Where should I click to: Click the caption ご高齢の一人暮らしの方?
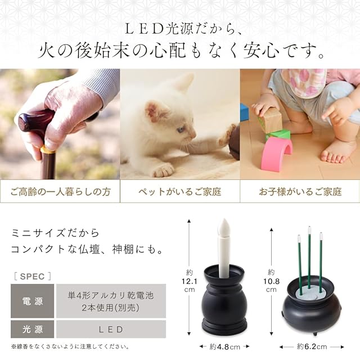pyautogui.click(x=61, y=192)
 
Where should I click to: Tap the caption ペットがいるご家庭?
pyautogui.click(x=180, y=192)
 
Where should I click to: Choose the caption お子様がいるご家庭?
pyautogui.click(x=300, y=192)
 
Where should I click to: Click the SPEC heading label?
pyautogui.click(x=33, y=276)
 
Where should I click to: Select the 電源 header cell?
pyautogui.click(x=33, y=301)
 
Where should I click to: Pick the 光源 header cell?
pyautogui.click(x=33, y=329)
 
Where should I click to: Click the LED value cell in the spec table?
pyautogui.click(x=111, y=329)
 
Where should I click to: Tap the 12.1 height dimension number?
pyautogui.click(x=190, y=281)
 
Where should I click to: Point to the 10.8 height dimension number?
pyautogui.click(x=271, y=281)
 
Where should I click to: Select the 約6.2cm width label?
pyautogui.click(x=312, y=346)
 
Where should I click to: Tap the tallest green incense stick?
pyautogui.click(x=309, y=256)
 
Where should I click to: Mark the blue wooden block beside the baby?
pyautogui.click(x=244, y=112)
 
